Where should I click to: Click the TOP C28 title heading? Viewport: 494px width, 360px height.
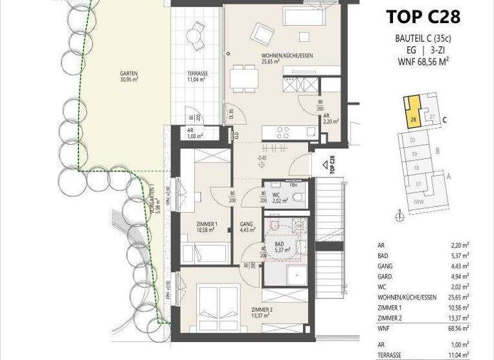(x=423, y=17)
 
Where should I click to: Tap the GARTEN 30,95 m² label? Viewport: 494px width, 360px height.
(x=129, y=76)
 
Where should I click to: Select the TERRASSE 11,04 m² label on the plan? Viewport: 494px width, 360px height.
(x=197, y=76)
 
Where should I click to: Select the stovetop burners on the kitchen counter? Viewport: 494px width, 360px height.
(x=283, y=132)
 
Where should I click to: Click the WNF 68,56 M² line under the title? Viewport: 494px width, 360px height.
(x=423, y=62)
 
